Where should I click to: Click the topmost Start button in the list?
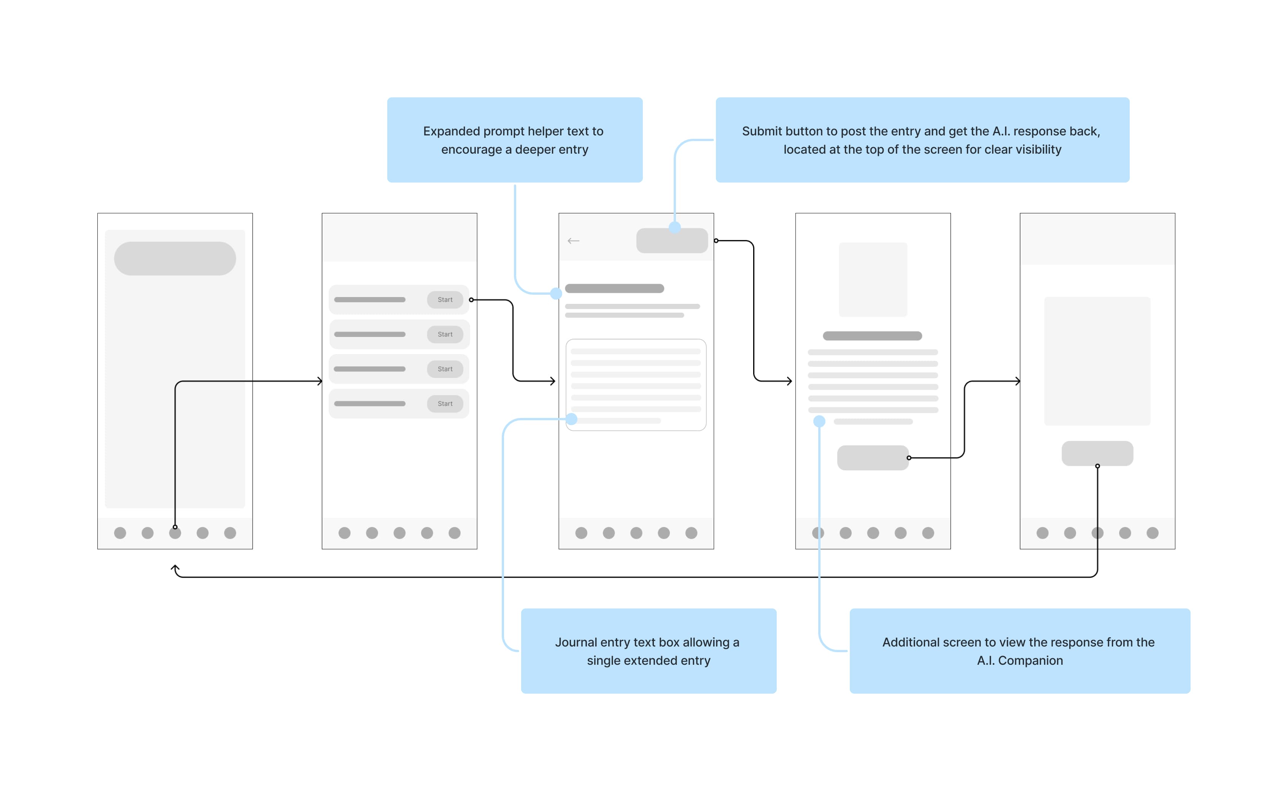click(x=445, y=300)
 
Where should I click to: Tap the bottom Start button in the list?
click(x=445, y=403)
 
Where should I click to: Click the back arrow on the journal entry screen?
click(x=573, y=241)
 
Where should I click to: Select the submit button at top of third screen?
click(x=672, y=241)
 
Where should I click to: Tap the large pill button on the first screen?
click(x=175, y=259)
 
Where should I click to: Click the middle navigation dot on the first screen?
click(x=175, y=533)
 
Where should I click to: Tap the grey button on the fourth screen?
click(x=872, y=458)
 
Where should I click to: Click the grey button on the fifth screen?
click(x=1097, y=453)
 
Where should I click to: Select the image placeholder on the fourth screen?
click(x=873, y=280)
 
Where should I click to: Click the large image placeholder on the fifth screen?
click(x=1097, y=361)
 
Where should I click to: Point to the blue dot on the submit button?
click(x=675, y=227)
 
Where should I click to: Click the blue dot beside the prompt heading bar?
click(x=556, y=294)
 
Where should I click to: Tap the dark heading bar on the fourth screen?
click(x=872, y=336)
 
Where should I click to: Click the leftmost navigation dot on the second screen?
click(x=344, y=533)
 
